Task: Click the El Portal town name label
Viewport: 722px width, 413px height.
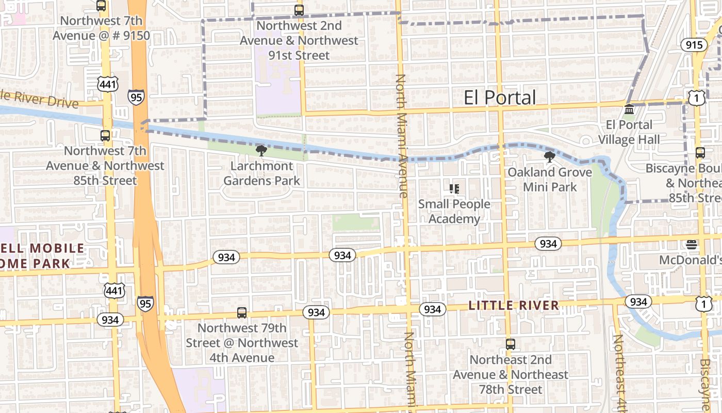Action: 500,97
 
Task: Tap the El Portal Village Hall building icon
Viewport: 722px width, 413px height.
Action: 629,109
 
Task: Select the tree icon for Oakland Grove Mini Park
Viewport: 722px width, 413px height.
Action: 550,156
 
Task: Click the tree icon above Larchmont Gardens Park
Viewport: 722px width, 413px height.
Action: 261,150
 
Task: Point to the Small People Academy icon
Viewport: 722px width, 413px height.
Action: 454,189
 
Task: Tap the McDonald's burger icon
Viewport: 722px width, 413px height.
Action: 692,244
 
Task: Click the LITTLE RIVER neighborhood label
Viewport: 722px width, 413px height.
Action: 514,306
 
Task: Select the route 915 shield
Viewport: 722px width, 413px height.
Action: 694,45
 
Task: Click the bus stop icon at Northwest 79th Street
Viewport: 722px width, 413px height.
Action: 241,313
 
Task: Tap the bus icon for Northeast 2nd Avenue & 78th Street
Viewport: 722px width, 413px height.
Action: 510,344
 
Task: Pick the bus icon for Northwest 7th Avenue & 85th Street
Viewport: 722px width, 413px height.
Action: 105,136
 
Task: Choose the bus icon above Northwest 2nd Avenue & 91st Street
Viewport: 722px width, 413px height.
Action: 299,10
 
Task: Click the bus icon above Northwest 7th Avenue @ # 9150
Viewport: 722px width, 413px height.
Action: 101,6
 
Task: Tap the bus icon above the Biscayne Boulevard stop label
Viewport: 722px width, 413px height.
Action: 700,153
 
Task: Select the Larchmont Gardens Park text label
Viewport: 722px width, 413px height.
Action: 261,173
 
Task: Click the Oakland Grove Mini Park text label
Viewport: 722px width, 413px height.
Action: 550,180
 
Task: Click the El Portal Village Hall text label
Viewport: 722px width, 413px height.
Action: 629,132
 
